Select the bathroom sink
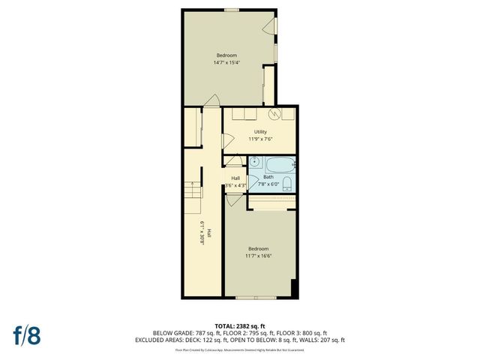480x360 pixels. pyautogui.click(x=254, y=161)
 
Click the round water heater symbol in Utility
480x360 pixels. pyautogui.click(x=275, y=113)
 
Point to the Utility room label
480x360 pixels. pyautogui.click(x=260, y=132)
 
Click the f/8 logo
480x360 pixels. pyautogui.click(x=27, y=334)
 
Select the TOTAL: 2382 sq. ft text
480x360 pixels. pyautogui.click(x=239, y=326)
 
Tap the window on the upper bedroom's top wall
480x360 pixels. pyautogui.click(x=232, y=9)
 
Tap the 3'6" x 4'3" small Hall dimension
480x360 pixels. pyautogui.click(x=235, y=185)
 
